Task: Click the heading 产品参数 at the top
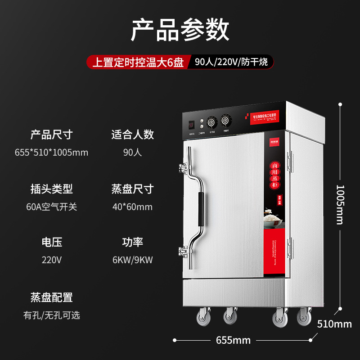pyautogui.click(x=180, y=30)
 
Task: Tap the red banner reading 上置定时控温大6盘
pyautogui.click(x=138, y=62)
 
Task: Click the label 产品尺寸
pyautogui.click(x=51, y=134)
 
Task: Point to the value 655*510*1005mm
pyautogui.click(x=51, y=152)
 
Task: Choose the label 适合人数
pyautogui.click(x=132, y=134)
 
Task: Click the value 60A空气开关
pyautogui.click(x=51, y=207)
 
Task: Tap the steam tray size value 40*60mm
pyautogui.click(x=132, y=207)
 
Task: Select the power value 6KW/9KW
pyautogui.click(x=132, y=261)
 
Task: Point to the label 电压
pyautogui.click(x=51, y=243)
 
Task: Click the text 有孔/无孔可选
pyautogui.click(x=51, y=315)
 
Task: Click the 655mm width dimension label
pyautogui.click(x=233, y=340)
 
